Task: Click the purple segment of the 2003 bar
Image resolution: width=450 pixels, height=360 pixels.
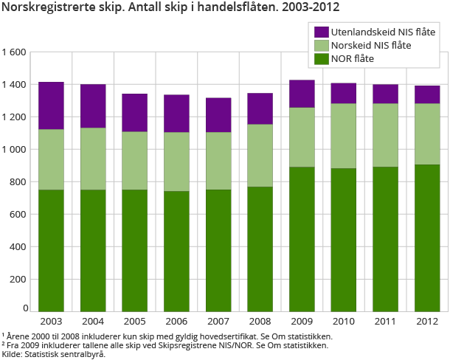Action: coord(51,105)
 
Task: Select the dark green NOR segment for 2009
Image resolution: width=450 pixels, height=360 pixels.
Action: coord(302,239)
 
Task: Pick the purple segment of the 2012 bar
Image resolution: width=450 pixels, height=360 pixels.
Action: coord(427,94)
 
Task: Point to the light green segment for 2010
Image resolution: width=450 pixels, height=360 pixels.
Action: coord(344,136)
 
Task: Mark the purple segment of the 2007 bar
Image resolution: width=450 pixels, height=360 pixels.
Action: coord(218,114)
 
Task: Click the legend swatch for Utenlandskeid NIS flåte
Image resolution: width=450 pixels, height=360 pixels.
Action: coord(321,32)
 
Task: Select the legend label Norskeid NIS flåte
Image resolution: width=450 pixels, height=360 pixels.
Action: coord(372,46)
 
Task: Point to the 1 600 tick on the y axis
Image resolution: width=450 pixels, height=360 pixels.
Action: coord(14,52)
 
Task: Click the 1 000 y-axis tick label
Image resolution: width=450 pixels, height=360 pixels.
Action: coord(14,149)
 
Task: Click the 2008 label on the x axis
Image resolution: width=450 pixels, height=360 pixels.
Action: coord(260,322)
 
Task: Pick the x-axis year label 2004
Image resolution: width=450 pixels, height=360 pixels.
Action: coord(93,322)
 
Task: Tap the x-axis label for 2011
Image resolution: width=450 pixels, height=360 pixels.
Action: coord(385,322)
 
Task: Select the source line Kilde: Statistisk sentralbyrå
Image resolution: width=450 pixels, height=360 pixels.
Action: coord(54,354)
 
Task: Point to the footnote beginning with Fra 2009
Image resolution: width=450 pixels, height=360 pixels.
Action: coord(165,345)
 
